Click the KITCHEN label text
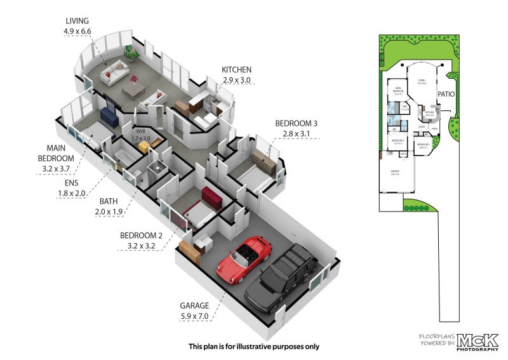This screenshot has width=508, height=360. point(236,69)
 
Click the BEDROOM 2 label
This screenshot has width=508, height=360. point(141,236)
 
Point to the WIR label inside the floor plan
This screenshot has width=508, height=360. point(141,131)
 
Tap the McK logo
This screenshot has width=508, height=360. point(478,341)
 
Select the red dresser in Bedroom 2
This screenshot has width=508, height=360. point(211,197)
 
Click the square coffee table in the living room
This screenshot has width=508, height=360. point(134,91)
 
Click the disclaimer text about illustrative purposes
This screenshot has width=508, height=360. point(254,347)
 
